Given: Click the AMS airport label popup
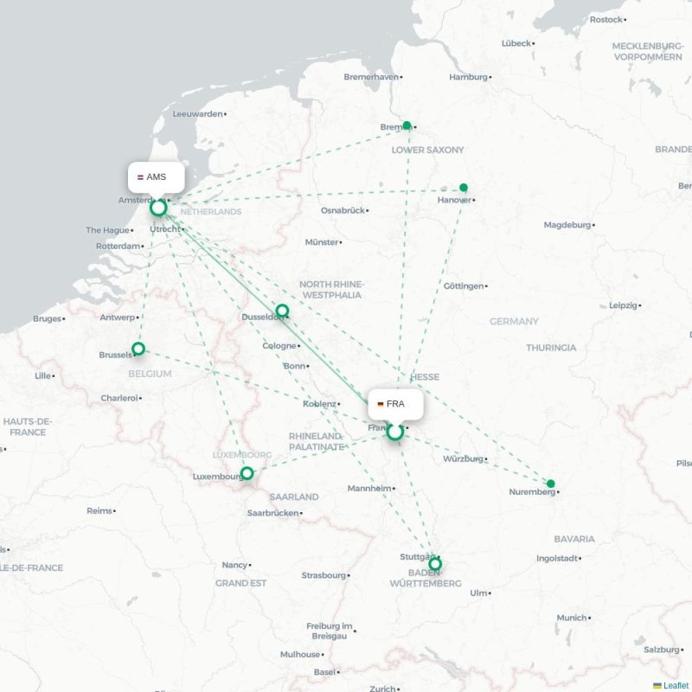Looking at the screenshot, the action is point(157,177).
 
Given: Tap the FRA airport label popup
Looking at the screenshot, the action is point(395,404).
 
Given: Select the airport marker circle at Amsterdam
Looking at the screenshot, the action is point(158,208).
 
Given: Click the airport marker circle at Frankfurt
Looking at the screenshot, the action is point(395,431).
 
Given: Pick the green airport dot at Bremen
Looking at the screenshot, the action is point(407,125).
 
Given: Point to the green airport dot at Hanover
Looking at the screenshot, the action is point(464,188).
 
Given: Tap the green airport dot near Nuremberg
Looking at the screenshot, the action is point(551,484).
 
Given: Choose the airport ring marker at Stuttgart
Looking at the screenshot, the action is point(435,564).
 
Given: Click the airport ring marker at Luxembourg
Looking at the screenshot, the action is point(247,473).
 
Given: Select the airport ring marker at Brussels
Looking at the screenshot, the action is point(138,349).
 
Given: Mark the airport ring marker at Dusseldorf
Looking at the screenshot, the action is point(282,311).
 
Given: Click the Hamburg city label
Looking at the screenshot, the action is point(468,77).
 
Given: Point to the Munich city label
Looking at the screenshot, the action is point(571,618).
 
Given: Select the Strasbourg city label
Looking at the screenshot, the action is point(323,575).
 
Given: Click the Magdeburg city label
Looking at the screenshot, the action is point(567,225).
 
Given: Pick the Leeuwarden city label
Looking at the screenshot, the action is point(198,113).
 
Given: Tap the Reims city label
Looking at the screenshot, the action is point(99,511).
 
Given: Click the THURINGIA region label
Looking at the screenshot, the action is point(551,348).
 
